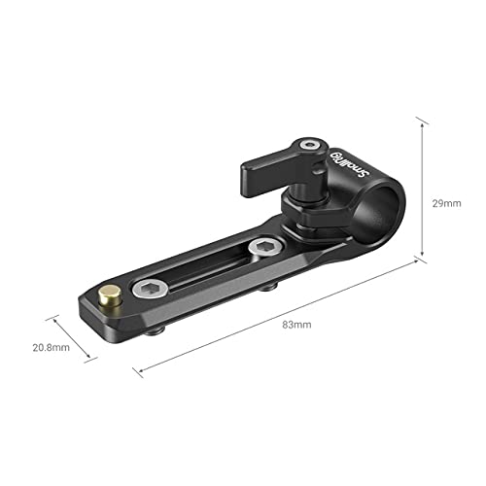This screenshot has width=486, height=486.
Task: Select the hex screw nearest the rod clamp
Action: tap(260, 250)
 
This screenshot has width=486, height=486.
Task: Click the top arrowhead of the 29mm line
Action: tap(421, 121)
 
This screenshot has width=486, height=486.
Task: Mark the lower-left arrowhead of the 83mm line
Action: tap(135, 369)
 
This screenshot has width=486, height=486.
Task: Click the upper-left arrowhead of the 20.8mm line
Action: tap(50, 316)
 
